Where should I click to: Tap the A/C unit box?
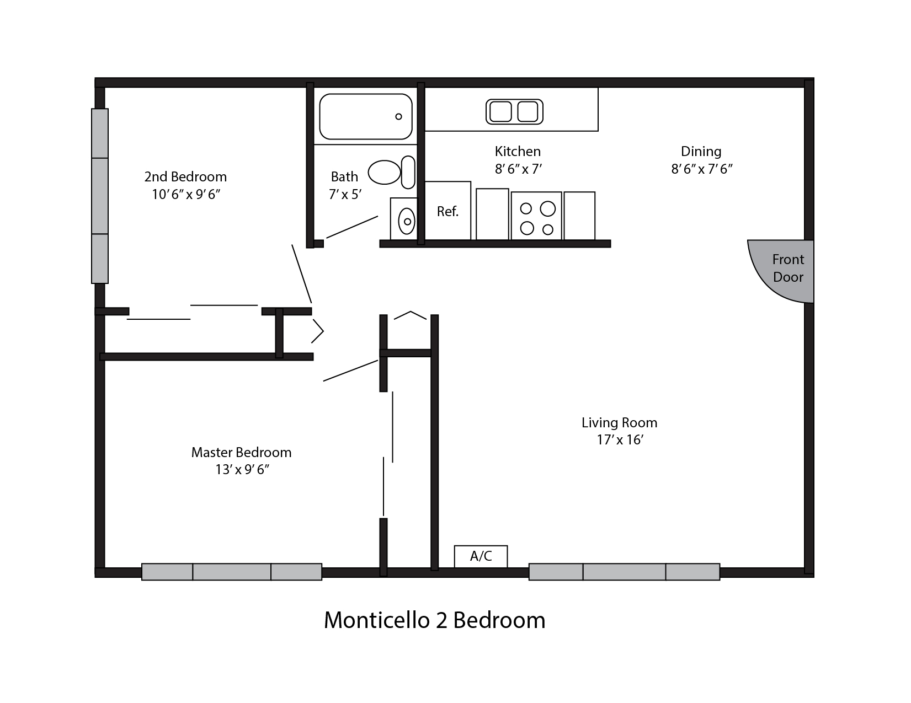click(x=481, y=556)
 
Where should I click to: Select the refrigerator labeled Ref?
click(x=447, y=211)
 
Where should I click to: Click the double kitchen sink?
click(x=514, y=112)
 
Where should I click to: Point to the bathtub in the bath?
click(x=366, y=116)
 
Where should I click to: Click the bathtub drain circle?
click(x=399, y=116)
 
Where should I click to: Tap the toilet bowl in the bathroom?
click(x=385, y=172)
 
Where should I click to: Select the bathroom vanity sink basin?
click(x=407, y=221)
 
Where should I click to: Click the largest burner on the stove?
click(x=547, y=208)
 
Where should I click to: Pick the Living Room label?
click(x=619, y=422)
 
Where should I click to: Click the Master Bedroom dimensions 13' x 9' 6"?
click(x=242, y=470)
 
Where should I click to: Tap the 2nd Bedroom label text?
click(x=185, y=176)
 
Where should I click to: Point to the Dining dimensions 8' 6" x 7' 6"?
click(x=702, y=169)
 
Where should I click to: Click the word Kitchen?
click(x=518, y=151)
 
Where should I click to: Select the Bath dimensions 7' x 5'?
click(x=345, y=195)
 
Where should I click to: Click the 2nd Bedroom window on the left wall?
click(x=100, y=196)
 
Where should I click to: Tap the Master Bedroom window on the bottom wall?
click(x=232, y=571)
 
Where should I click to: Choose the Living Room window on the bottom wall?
click(x=624, y=571)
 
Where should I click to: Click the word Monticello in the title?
click(x=376, y=620)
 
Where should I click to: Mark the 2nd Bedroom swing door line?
click(x=302, y=274)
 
